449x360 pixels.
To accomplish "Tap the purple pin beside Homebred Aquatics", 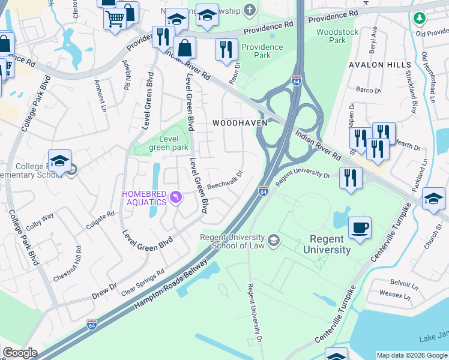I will [175, 197].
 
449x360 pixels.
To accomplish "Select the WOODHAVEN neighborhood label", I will [236, 122].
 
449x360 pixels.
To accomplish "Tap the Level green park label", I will [169, 143].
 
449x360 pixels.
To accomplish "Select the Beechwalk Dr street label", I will [224, 179].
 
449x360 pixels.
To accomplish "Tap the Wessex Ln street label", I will [394, 295].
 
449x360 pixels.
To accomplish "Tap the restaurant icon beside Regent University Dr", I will [351, 178].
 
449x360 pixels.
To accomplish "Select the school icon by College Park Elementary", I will [60, 161].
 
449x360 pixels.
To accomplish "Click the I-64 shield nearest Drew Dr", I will [92, 325].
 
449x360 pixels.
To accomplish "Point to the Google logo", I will [20, 353].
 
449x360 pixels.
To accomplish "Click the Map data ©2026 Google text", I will [412, 355].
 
